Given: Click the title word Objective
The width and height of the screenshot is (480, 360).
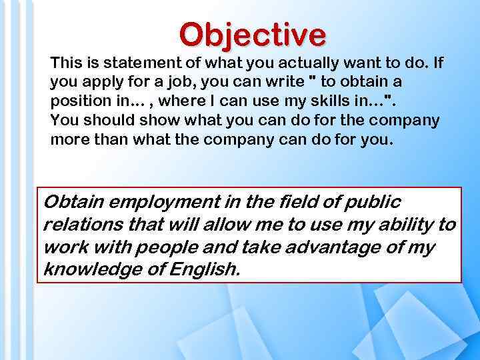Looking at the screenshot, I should click(x=253, y=35).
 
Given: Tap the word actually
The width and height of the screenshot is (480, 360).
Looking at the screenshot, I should click(x=294, y=63).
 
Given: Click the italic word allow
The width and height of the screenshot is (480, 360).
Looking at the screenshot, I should click(x=224, y=225).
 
